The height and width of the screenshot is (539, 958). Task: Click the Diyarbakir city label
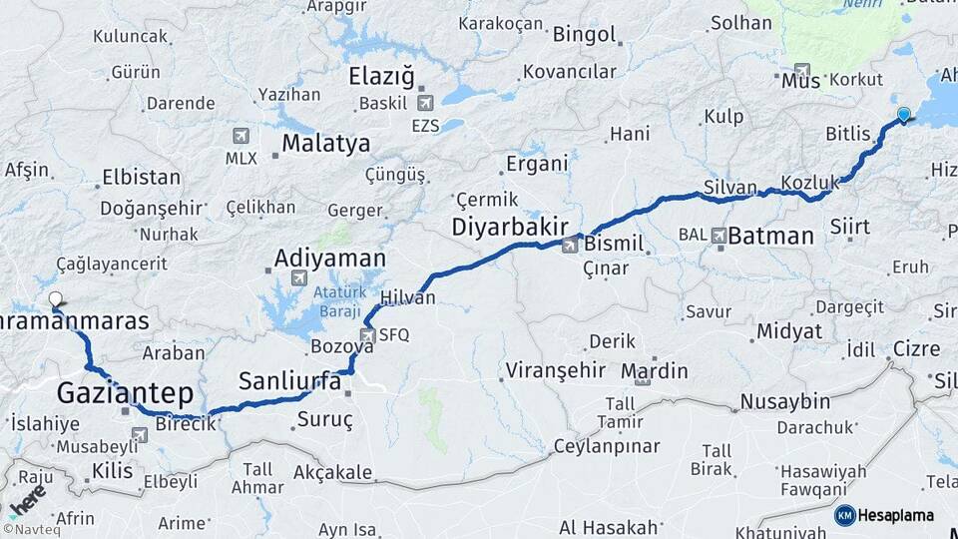click(510, 227)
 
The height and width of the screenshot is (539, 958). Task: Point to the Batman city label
click(770, 237)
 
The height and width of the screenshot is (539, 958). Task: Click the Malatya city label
click(325, 144)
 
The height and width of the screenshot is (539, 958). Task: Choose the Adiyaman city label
click(330, 259)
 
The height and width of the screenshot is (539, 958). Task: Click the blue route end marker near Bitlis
click(903, 115)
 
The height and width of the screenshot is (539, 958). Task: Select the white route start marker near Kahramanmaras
click(56, 298)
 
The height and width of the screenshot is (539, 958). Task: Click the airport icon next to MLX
click(240, 136)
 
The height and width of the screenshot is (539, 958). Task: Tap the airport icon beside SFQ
click(368, 335)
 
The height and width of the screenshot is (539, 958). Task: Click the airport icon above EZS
click(427, 102)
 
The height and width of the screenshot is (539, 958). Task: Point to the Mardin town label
click(654, 371)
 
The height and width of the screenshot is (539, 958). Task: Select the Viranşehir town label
click(556, 371)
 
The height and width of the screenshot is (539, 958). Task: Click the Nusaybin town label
click(784, 401)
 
